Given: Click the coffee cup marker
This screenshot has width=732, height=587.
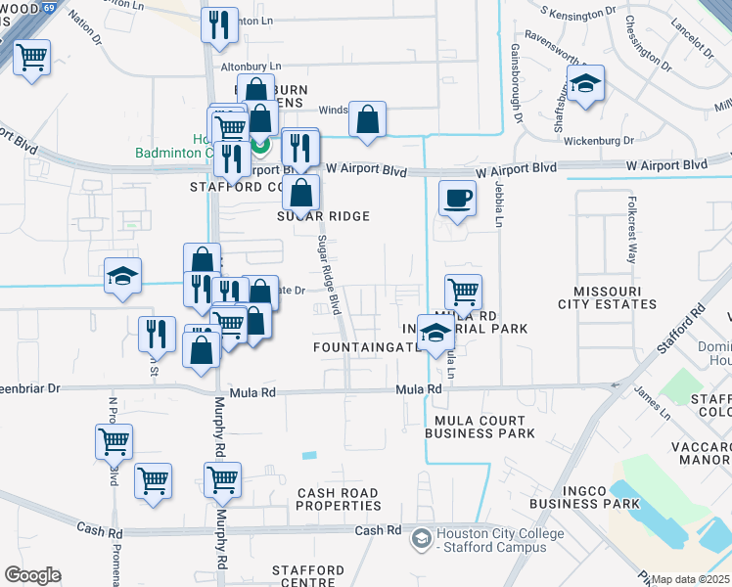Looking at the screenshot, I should pyautogui.click(x=457, y=200).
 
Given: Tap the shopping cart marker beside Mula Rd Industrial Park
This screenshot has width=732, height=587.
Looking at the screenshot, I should pyautogui.click(x=463, y=292).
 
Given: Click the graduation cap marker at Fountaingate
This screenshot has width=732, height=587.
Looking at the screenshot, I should pyautogui.click(x=436, y=335).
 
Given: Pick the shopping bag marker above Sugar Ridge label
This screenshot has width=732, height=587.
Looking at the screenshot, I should pyautogui.click(x=302, y=195).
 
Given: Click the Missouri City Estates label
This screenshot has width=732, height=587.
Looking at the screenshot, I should pyautogui.click(x=616, y=297).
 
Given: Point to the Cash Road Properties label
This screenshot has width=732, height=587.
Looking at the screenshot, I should pyautogui.click(x=339, y=499).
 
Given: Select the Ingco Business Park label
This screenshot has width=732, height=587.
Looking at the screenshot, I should pyautogui.click(x=576, y=496).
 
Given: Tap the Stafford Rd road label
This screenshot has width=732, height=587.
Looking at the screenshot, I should pyautogui.click(x=681, y=332).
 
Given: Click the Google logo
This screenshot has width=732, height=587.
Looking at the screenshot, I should pyautogui.click(x=32, y=575).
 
